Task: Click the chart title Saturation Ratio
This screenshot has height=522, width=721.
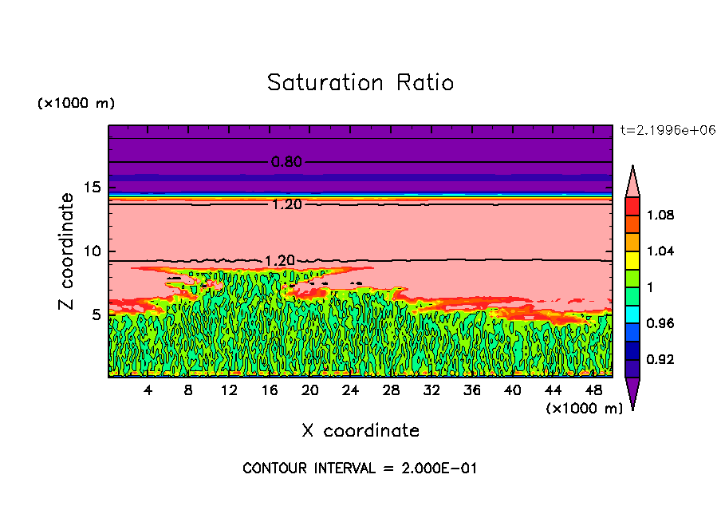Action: [x=360, y=83]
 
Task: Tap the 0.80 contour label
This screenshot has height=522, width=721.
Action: [x=286, y=162]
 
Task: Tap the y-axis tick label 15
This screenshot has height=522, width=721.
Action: [x=93, y=188]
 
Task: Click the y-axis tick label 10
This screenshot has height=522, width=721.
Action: [x=92, y=251]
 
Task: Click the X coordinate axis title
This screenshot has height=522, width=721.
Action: [x=360, y=431]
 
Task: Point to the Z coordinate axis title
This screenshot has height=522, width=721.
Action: [x=67, y=251]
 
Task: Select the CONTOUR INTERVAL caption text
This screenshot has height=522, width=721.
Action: [x=360, y=469]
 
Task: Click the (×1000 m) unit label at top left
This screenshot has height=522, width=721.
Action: [x=76, y=104]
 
